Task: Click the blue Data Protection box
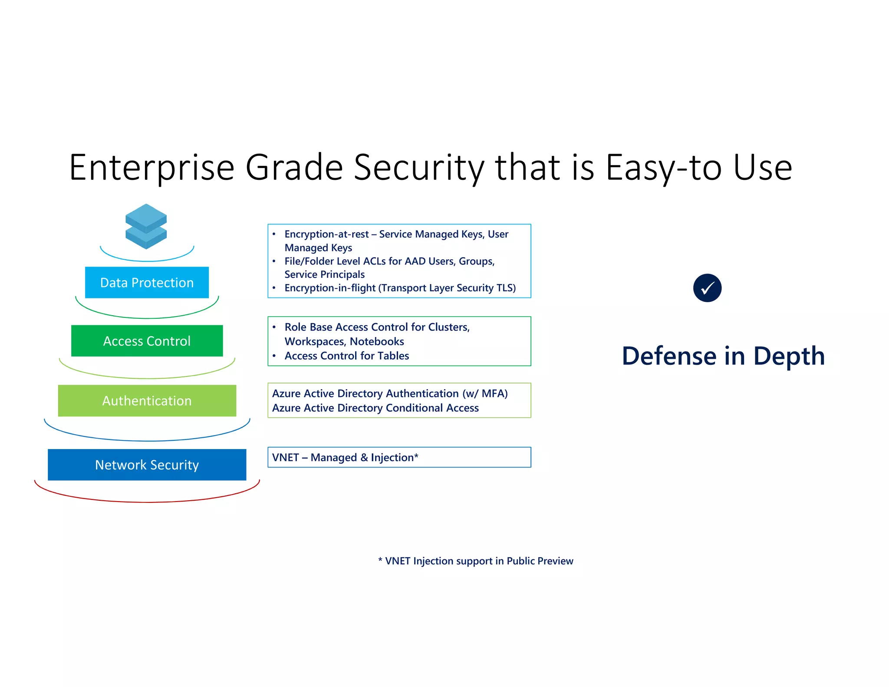point(147,283)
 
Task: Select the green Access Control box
point(147,341)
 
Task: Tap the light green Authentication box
point(147,400)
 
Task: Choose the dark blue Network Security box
point(147,465)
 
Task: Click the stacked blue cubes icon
point(146,226)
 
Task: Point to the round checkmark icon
point(707,288)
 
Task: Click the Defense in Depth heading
point(723,356)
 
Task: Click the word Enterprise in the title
point(152,168)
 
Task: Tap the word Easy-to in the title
point(665,168)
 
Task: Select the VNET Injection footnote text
point(476,561)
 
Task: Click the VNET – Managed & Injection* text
point(345,457)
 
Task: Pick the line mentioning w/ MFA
point(389,393)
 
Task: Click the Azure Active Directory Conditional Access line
point(375,408)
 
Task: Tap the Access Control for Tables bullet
point(346,356)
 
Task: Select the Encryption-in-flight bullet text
point(400,288)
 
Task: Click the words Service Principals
point(324,274)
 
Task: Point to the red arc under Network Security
point(147,502)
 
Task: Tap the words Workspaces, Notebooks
point(344,342)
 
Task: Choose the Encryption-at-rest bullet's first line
point(396,234)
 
